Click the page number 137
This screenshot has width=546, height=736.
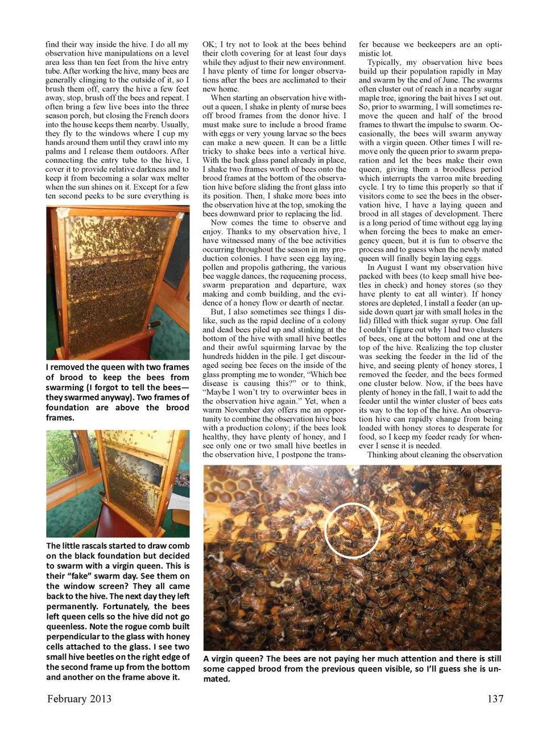tap(495, 698)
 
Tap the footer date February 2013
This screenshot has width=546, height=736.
tap(79, 698)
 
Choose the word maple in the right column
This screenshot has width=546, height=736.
tap(370, 98)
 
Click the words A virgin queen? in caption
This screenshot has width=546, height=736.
tap(233, 659)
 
